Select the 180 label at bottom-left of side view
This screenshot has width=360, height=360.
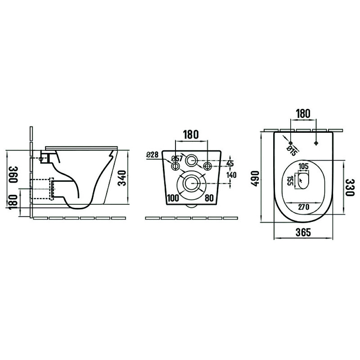[13, 202]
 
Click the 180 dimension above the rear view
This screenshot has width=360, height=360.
[191, 135]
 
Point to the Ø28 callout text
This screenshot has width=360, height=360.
[153, 155]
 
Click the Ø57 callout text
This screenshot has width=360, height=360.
[176, 158]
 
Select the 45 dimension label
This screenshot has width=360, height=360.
[230, 163]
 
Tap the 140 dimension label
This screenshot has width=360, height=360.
[231, 175]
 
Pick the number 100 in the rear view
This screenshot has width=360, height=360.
[173, 198]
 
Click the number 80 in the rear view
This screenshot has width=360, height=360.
[209, 198]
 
